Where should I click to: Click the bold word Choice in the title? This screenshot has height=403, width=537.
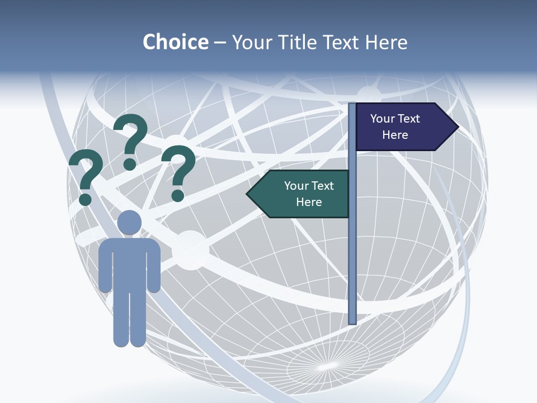175,42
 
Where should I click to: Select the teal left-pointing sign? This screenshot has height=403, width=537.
302,194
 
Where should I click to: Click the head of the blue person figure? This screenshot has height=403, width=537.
129,222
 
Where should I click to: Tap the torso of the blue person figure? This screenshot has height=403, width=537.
129,263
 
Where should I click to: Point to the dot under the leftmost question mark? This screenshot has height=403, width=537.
86,199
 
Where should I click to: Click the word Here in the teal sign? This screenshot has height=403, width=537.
309,202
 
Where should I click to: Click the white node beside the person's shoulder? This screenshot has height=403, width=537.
190,251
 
